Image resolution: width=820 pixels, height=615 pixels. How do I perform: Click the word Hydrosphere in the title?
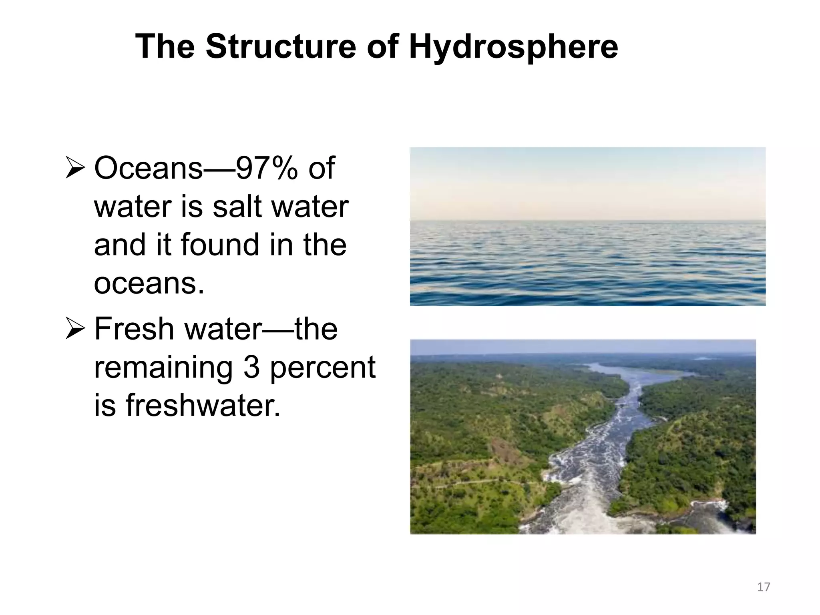point(513,47)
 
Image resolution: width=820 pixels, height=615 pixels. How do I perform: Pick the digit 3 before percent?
point(252,367)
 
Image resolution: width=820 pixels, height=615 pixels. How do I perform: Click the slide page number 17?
point(764,587)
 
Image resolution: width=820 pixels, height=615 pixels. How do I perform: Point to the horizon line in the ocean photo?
point(587,221)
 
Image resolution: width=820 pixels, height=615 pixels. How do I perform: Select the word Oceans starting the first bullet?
point(149,169)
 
